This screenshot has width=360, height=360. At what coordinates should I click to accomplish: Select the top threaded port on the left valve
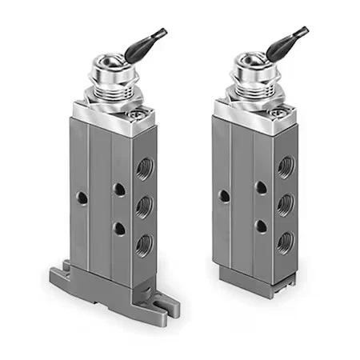pyautogui.click(x=144, y=169)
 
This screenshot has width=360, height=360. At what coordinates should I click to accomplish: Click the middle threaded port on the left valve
pyautogui.click(x=144, y=207)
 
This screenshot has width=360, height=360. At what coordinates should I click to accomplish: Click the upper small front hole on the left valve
pyautogui.click(x=118, y=190)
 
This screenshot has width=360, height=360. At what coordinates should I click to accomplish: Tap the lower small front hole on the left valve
pyautogui.click(x=118, y=228)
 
